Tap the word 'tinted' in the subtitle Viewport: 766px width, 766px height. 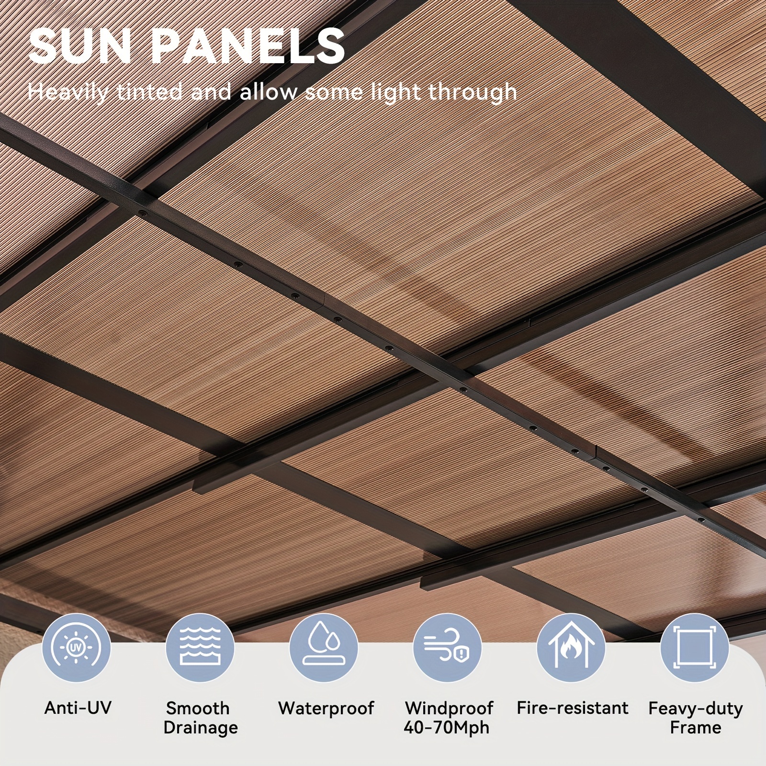[x=149, y=91]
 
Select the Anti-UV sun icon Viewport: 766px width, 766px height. [x=77, y=648]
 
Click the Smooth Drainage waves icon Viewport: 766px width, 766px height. [x=200, y=648]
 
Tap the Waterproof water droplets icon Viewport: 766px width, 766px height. [x=324, y=648]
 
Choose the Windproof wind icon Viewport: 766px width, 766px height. [x=447, y=648]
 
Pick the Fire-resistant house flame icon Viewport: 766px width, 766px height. [x=571, y=648]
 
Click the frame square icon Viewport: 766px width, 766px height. [x=694, y=648]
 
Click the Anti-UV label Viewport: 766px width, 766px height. [x=78, y=708]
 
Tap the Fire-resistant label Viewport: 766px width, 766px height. [x=572, y=708]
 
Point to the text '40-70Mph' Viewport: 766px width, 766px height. [x=447, y=728]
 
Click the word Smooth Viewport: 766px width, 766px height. [x=198, y=708]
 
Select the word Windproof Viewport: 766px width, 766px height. [x=449, y=709]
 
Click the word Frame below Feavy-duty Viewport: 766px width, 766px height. [x=696, y=728]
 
